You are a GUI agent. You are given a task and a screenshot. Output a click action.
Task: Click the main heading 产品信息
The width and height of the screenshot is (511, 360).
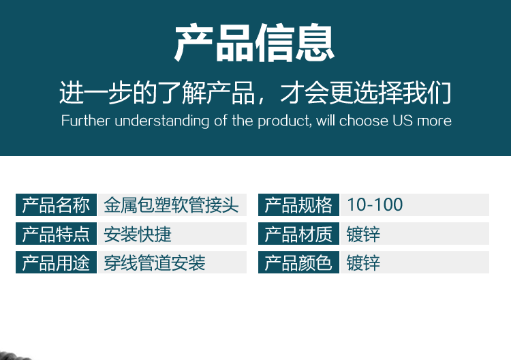[255, 43]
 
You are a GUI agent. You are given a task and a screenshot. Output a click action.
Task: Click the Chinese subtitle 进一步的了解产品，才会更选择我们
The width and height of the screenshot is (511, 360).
[255, 93]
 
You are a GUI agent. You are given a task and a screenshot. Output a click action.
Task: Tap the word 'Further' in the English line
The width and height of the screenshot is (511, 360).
[86, 121]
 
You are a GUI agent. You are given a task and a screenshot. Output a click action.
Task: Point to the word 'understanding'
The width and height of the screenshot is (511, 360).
[161, 121]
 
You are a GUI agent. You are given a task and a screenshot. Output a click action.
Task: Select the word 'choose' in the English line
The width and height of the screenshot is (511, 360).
[363, 121]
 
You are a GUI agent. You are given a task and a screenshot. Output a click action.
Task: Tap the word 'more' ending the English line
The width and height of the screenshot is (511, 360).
[435, 121]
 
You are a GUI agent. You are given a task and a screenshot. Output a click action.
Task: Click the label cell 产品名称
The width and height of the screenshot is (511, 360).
[56, 205]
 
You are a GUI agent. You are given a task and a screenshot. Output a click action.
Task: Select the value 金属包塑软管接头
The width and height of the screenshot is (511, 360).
[171, 205]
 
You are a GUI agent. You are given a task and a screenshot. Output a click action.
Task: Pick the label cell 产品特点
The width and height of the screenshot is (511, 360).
[56, 233]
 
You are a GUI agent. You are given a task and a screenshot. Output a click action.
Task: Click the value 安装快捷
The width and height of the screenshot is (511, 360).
[138, 234]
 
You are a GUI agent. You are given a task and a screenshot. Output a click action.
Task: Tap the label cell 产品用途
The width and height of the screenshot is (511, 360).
[56, 262]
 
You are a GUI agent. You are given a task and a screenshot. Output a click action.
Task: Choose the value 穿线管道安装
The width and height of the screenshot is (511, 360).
[155, 262]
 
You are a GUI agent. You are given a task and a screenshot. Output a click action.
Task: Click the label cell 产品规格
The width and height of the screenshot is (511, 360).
[298, 205]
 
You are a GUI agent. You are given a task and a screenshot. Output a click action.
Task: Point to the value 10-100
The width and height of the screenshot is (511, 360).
[375, 205]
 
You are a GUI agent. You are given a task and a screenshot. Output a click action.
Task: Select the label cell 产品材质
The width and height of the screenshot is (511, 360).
[298, 233]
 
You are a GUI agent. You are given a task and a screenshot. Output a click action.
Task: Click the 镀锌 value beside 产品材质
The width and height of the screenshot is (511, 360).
[363, 234]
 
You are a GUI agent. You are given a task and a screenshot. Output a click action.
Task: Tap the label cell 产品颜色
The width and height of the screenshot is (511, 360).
[298, 262]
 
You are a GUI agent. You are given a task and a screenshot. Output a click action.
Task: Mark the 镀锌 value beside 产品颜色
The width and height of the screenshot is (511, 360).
[363, 262]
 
